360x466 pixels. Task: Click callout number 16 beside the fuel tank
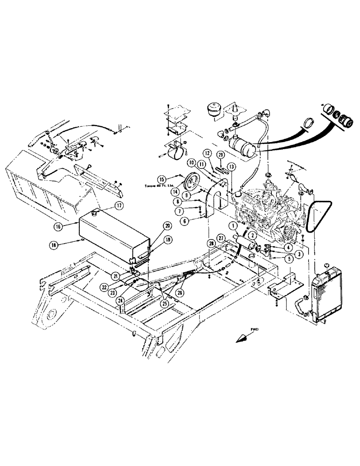point(58,226)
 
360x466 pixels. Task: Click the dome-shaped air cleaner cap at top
point(213,112)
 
